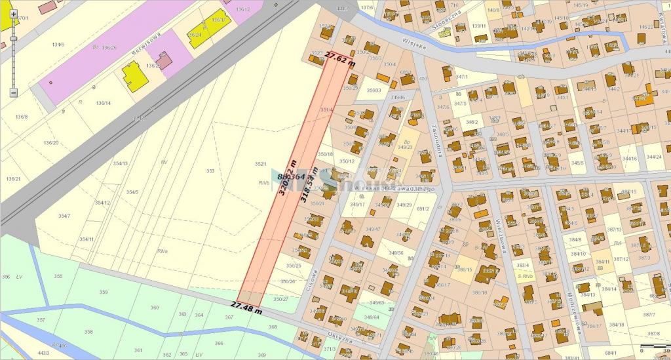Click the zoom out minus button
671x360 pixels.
click(13, 92)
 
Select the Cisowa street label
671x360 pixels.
click(313, 279)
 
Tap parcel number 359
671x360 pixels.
click(103, 292)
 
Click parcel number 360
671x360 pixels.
click(155, 307)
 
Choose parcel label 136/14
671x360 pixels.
click(103, 103)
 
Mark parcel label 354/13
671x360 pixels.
click(120, 163)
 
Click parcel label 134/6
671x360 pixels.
click(58, 45)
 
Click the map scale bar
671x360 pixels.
click(654, 346)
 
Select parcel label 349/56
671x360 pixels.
click(396, 252)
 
